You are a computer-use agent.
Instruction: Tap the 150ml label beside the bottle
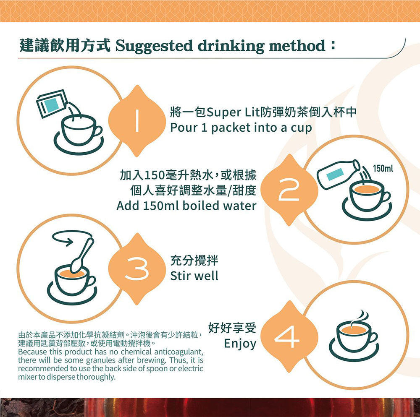point(383,169)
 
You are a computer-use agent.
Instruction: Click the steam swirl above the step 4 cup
point(362,318)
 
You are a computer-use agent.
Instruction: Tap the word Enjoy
point(240,344)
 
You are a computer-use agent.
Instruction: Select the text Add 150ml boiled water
point(186,206)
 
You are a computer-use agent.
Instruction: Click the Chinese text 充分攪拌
point(194,261)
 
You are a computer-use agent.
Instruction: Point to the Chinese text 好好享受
point(232,327)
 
